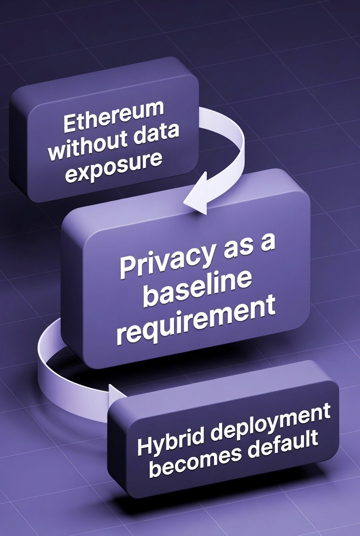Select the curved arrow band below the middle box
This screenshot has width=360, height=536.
[51, 363]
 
